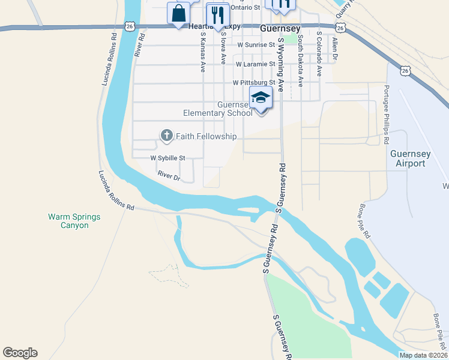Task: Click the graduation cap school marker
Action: pos(261,97)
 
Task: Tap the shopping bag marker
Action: pos(179,13)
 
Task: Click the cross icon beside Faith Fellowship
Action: pos(166,136)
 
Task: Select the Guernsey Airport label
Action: pos(411,158)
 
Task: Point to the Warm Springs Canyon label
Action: pos(74,221)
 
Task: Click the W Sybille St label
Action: pos(168,158)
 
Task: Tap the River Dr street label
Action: pos(169,176)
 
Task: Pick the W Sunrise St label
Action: pos(256,44)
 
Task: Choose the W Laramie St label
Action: pos(255,63)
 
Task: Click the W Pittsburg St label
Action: pos(253,82)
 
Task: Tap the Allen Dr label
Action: pos(335,47)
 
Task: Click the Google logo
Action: pos(20,353)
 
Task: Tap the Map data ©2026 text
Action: pos(423,355)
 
